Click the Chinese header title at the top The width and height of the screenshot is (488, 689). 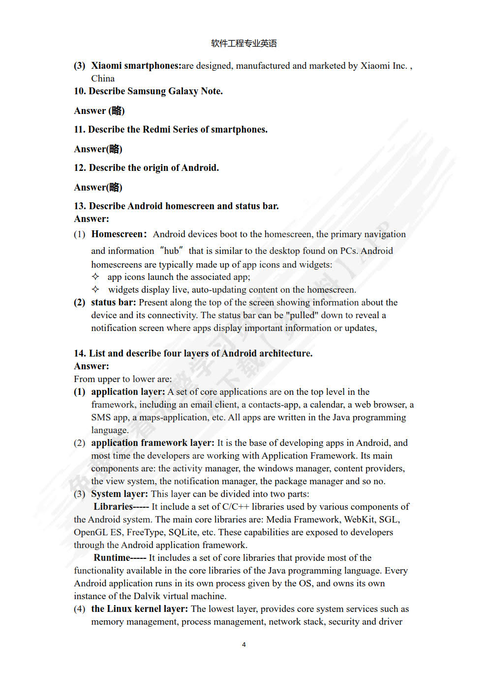point(244,43)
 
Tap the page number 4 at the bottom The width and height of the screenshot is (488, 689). point(244,644)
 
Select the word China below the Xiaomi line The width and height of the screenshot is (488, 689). point(103,79)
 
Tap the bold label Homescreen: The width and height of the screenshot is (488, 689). point(119,234)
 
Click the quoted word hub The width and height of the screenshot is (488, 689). point(171,251)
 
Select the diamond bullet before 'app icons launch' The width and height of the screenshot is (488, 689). point(95,276)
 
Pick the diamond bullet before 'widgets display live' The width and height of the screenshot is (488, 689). point(95,289)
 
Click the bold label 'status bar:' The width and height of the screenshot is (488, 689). point(113,303)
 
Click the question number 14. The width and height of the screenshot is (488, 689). point(80,354)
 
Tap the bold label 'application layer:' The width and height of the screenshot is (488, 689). point(128,392)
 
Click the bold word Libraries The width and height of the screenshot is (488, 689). point(113,507)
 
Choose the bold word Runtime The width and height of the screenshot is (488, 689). point(112,558)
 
